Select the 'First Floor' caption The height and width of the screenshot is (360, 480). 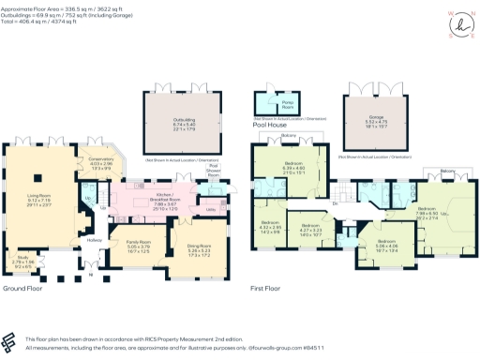coord(267,289)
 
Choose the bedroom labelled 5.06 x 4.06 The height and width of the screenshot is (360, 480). coord(387,247)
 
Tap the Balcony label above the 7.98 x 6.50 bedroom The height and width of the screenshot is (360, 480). coord(446,172)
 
